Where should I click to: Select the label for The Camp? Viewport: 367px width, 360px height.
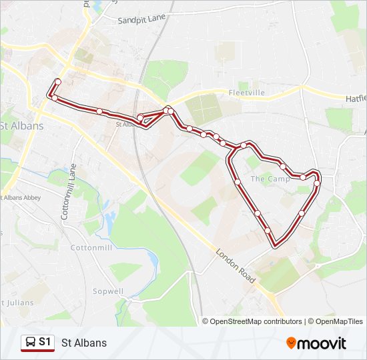tap(270, 179)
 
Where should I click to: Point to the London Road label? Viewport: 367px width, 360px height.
tap(236, 267)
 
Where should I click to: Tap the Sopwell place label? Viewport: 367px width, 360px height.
tap(108, 291)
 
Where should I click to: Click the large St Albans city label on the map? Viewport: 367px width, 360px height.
tap(21, 125)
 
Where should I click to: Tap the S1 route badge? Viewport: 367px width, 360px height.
tap(37, 343)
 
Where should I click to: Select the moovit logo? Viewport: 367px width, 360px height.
tap(316, 343)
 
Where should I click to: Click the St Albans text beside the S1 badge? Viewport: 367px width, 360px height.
tap(84, 343)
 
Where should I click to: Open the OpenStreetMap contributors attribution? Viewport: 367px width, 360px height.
tap(256, 321)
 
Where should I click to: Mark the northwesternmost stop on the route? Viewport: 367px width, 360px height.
tap(57, 81)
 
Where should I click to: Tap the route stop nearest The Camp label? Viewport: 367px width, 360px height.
tap(283, 166)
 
